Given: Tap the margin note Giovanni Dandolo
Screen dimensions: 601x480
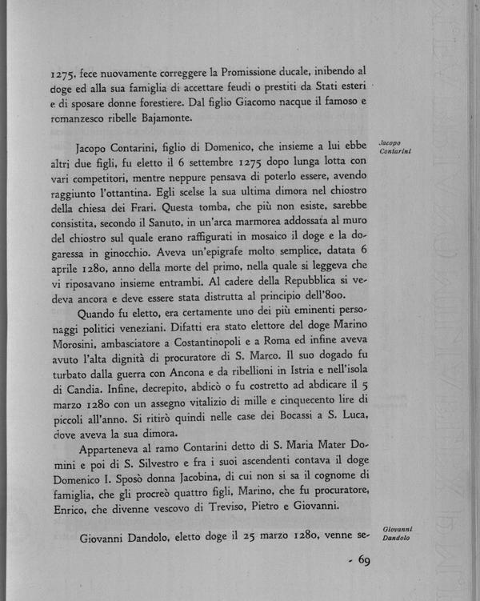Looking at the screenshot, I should tap(397, 533).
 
